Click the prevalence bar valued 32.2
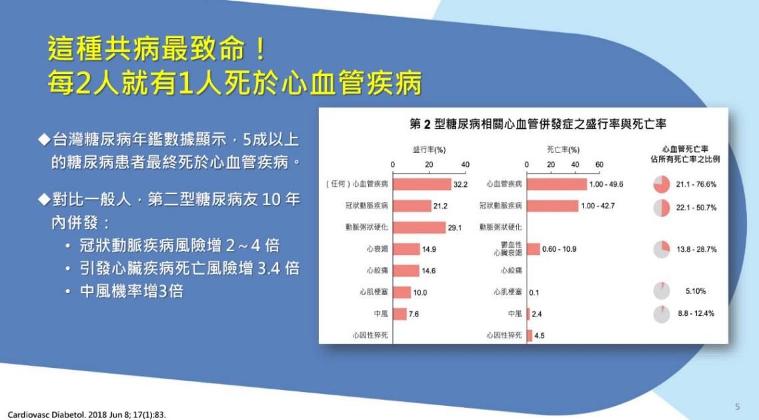click(x=422, y=184)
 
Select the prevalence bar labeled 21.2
click(x=412, y=206)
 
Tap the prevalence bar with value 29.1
click(x=420, y=227)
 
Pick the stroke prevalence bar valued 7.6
click(x=400, y=314)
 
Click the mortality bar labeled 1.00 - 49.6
click(x=557, y=184)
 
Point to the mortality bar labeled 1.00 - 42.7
click(x=553, y=206)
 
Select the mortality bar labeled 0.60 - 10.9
click(x=534, y=249)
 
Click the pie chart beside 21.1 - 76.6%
click(x=662, y=184)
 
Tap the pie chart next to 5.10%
click(x=662, y=291)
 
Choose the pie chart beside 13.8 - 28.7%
click(x=662, y=250)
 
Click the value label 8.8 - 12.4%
click(x=696, y=313)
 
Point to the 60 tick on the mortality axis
click(x=599, y=165)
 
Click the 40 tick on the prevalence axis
click(x=465, y=165)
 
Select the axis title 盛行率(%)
click(x=430, y=150)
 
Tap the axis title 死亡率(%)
click(x=563, y=150)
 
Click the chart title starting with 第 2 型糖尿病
click(x=538, y=124)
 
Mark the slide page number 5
click(x=737, y=407)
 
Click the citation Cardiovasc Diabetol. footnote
click(x=87, y=415)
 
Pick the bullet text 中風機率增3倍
click(x=131, y=291)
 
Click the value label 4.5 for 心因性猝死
click(x=540, y=335)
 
